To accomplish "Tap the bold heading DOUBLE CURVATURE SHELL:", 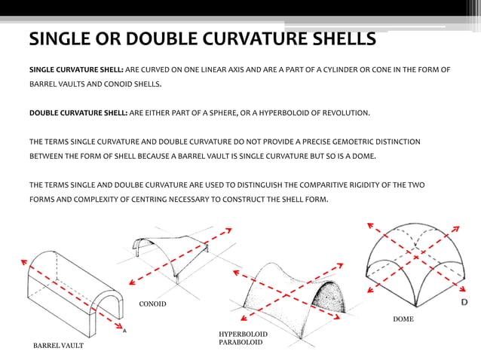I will pos(78,114).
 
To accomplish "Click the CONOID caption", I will pos(153,304).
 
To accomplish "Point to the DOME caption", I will pos(403,319).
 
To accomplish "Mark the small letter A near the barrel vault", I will pos(124,329).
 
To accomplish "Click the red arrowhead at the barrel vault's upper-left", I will pos(23,261).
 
